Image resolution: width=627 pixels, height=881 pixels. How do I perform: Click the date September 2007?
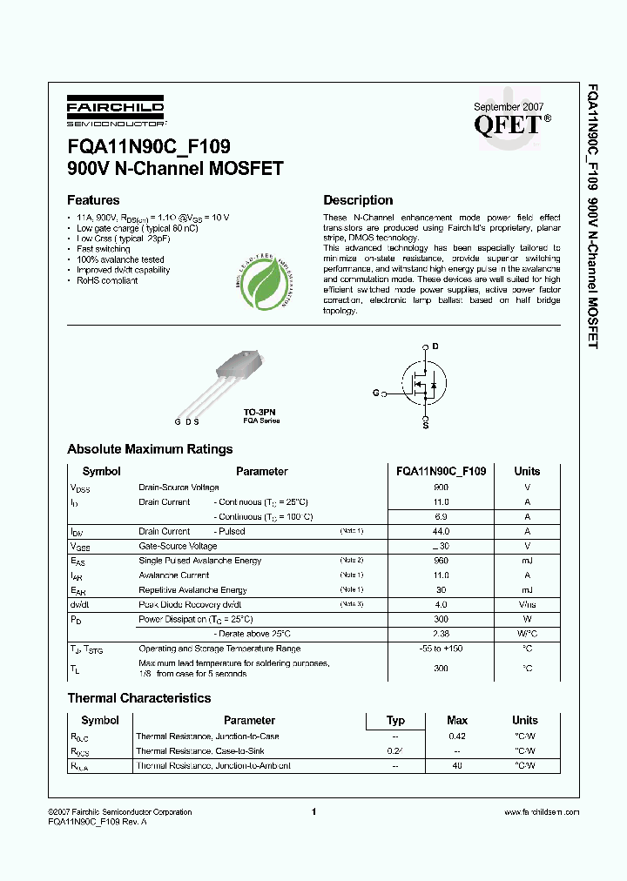[x=507, y=106]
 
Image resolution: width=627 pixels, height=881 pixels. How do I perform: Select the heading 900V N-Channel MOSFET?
[x=175, y=169]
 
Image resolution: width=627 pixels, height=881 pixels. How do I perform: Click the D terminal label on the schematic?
[x=435, y=346]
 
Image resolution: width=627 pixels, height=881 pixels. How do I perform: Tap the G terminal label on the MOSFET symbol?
[x=376, y=393]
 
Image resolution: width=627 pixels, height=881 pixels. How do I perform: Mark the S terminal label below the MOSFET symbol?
[x=425, y=426]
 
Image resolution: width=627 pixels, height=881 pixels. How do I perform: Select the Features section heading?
[x=93, y=199]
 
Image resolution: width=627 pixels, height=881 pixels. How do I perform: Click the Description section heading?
[x=358, y=199]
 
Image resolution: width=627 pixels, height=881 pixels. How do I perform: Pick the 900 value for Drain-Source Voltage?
[x=441, y=488]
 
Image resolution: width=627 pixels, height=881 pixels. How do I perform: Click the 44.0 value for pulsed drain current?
[x=441, y=531]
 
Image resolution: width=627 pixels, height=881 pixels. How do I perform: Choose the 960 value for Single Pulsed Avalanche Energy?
[x=441, y=561]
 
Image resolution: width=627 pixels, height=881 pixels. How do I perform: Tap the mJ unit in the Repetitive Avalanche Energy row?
[x=527, y=590]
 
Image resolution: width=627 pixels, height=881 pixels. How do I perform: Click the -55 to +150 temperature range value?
[x=441, y=649]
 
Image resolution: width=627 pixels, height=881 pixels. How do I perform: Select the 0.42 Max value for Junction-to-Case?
[x=456, y=736]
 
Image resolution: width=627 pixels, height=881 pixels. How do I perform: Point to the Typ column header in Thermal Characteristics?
[x=395, y=720]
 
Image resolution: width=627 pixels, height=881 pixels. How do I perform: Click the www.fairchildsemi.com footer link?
[x=542, y=812]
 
